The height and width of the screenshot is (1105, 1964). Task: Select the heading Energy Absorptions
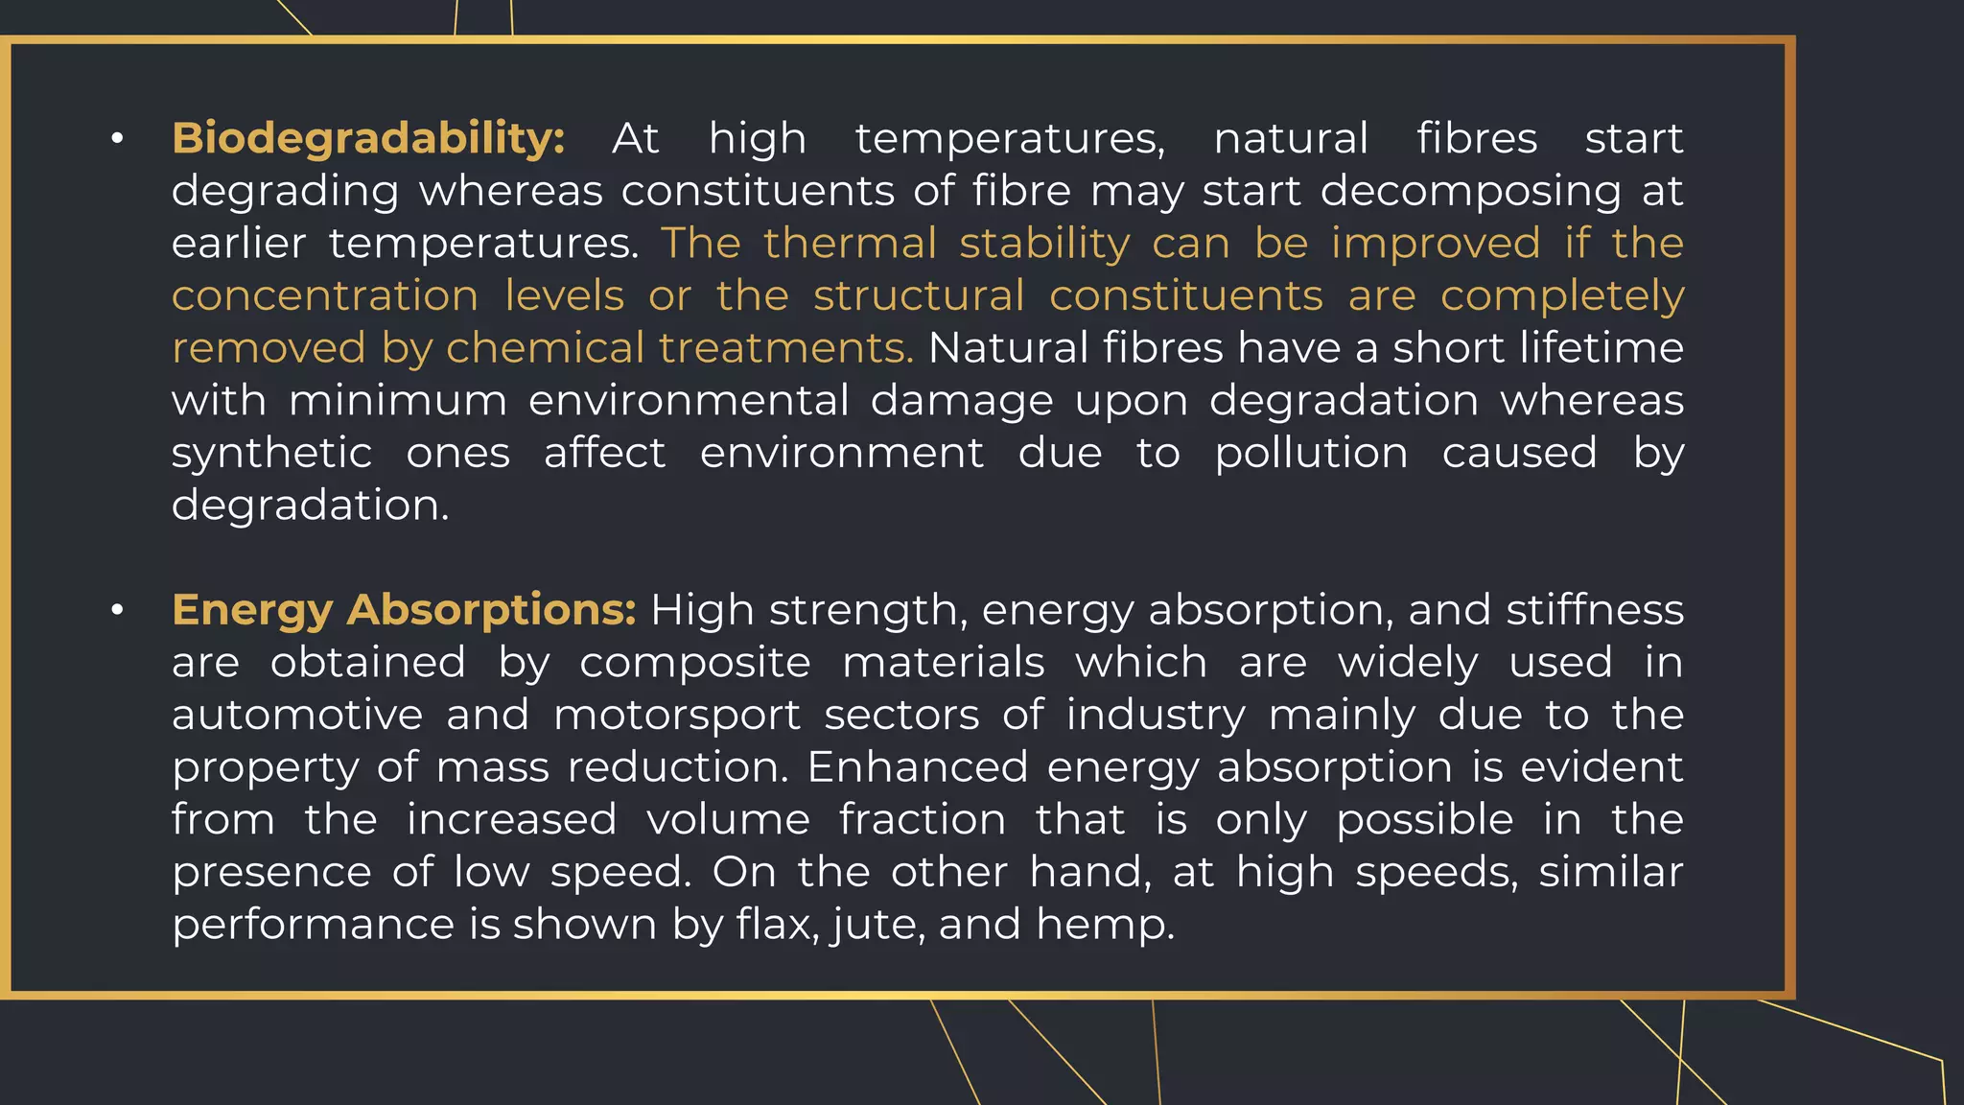pos(404,611)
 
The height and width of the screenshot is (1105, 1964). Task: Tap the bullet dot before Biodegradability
pos(117,140)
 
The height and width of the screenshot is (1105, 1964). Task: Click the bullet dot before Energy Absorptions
pos(117,611)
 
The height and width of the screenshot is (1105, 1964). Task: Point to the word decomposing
pos(1470,192)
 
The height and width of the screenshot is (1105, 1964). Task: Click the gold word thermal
pos(850,244)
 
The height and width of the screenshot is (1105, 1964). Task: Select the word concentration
pos(324,296)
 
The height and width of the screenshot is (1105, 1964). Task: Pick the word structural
pos(919,296)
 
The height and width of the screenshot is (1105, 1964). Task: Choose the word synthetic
pos(271,454)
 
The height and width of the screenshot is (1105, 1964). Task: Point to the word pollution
pos(1311,454)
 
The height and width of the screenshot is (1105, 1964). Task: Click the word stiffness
pos(1594,611)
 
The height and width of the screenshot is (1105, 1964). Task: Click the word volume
pos(728,820)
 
